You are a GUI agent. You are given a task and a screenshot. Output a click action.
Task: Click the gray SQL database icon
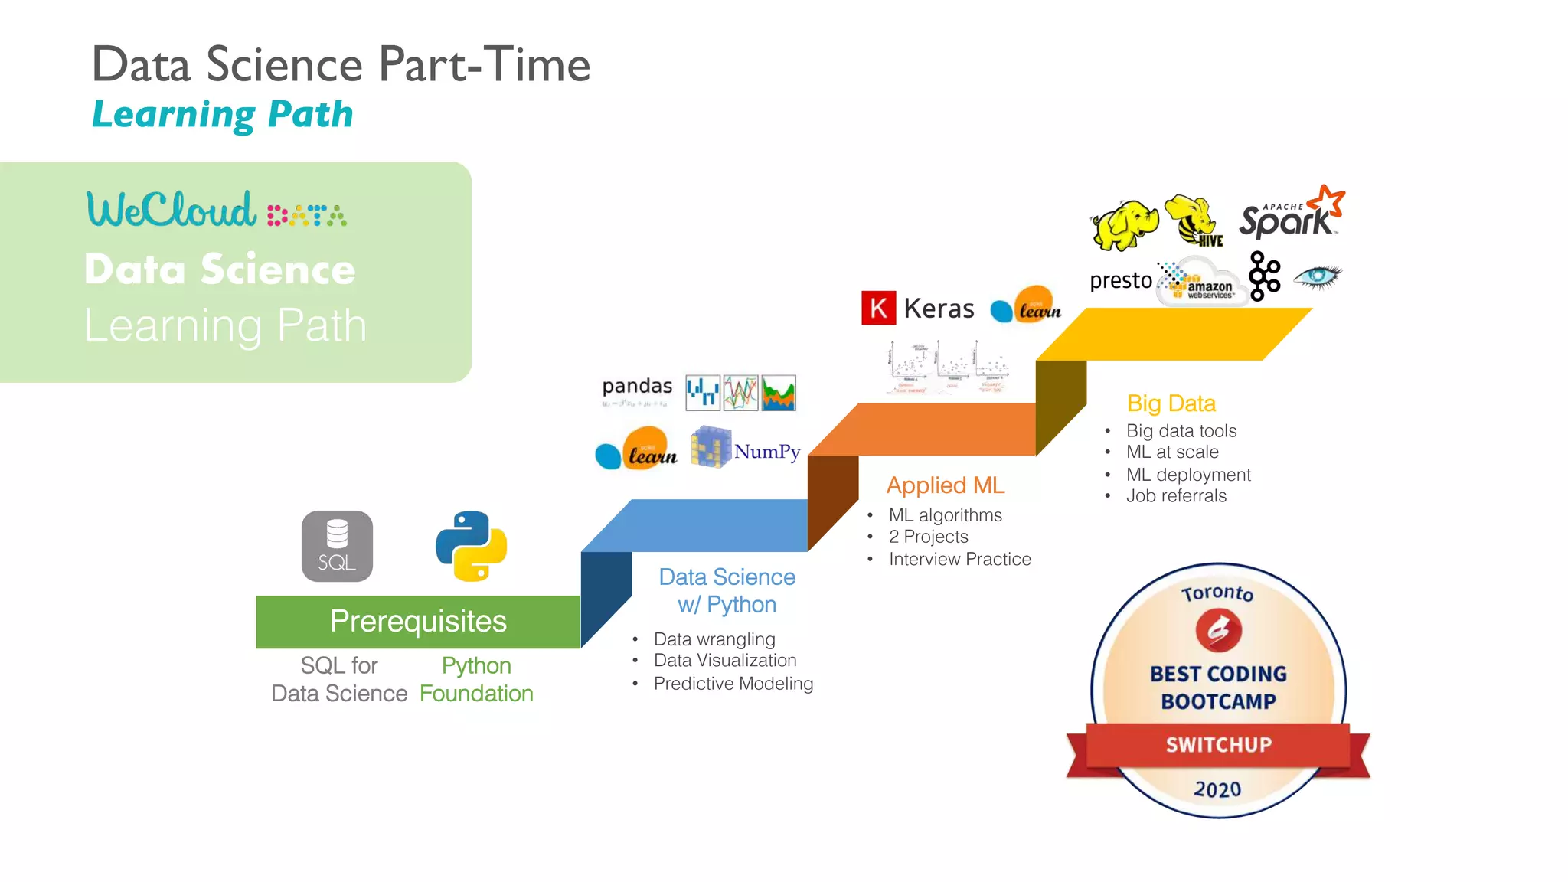coord(337,546)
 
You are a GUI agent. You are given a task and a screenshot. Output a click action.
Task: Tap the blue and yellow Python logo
coord(471,546)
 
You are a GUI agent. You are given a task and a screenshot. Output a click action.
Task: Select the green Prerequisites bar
coord(418,622)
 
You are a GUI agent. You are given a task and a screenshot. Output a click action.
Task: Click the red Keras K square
coord(878,309)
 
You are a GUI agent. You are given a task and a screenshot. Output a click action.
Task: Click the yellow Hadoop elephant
coord(1124,225)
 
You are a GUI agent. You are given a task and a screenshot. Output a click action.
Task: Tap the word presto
coord(1120,280)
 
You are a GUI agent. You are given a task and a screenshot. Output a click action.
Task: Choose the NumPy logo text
coord(767,452)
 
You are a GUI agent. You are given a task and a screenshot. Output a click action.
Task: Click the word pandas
coord(637,386)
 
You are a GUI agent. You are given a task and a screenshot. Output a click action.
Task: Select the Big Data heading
coord(1171,403)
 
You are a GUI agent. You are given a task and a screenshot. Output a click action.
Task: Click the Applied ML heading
coord(945,485)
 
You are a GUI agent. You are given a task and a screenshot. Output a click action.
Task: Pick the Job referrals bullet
coord(1176,496)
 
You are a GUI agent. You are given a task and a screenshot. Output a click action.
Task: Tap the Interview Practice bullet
coord(959,559)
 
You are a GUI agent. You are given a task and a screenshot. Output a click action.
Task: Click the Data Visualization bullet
coord(724,660)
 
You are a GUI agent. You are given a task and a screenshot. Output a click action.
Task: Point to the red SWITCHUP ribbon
coord(1218,745)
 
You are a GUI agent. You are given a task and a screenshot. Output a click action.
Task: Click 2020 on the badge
coord(1217,789)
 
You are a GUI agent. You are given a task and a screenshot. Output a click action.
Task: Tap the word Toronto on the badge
coord(1217,593)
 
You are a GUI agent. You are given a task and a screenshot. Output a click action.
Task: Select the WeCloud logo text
coord(171,210)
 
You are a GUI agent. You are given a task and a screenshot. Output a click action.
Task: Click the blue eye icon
coord(1317,276)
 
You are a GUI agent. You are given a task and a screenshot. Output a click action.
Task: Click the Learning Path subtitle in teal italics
coord(222,115)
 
